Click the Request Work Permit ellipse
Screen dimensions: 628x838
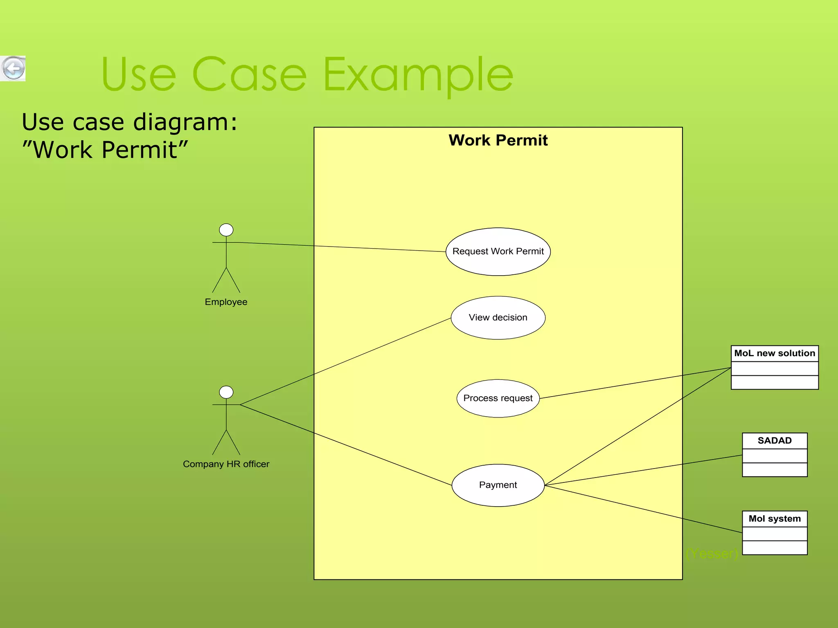(498, 251)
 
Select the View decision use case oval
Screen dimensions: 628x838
(498, 318)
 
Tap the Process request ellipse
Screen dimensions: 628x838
(498, 398)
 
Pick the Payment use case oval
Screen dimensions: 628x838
(498, 485)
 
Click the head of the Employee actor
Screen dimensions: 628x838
(226, 230)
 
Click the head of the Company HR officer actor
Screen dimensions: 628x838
(226, 392)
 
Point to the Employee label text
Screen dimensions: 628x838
(226, 302)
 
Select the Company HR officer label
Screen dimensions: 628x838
(226, 464)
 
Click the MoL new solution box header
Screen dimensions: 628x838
(775, 353)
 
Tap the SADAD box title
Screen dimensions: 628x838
(775, 441)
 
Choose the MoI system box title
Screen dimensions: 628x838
(775, 519)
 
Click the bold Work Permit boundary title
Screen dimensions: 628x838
(498, 140)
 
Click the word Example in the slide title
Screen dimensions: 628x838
(418, 75)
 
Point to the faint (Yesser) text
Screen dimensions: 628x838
(712, 554)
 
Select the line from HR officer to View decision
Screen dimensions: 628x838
(346, 361)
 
